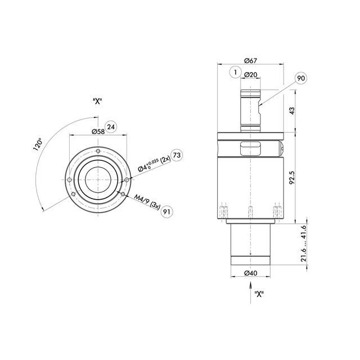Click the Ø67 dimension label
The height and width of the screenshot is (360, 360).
pos(250,61)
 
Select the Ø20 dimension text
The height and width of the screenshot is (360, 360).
pos(250,75)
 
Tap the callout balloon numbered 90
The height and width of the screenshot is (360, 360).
pos(301,78)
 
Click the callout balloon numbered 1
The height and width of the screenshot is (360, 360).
pos(235,73)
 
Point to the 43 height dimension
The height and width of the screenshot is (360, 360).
pos(292,111)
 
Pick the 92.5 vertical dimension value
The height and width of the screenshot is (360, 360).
pos(292,178)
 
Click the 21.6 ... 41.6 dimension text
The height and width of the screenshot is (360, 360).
pos(304,244)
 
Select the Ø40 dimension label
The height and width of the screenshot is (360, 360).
pos(250,273)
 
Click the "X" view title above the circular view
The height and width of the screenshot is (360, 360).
pos(97,101)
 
